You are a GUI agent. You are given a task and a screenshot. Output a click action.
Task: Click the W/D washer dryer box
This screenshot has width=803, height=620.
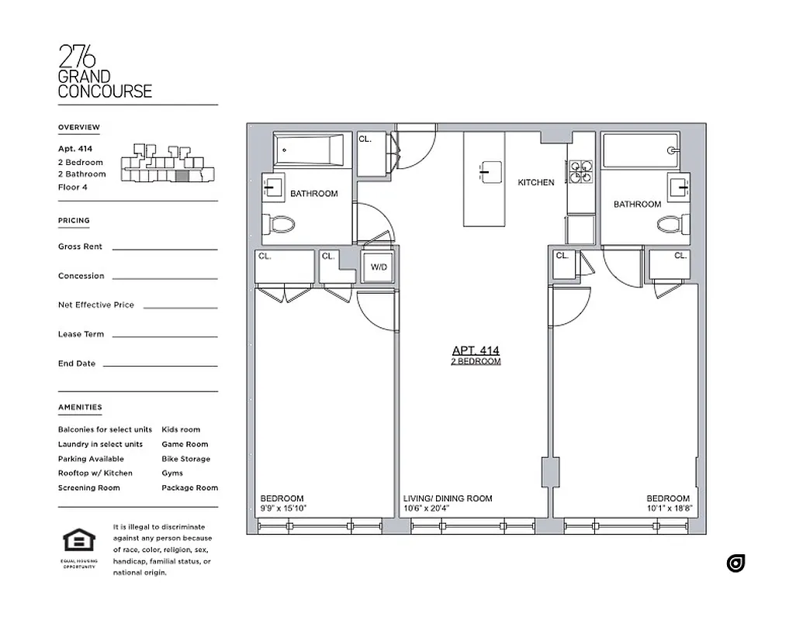[379, 267]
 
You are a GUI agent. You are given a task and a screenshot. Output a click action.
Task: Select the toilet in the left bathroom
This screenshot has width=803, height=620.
[282, 225]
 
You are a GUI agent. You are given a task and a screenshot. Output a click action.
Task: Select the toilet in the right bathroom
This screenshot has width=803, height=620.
[670, 225]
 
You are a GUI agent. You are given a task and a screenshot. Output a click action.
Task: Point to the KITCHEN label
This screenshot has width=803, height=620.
[536, 183]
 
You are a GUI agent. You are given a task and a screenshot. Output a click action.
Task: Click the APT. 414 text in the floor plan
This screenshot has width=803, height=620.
[476, 351]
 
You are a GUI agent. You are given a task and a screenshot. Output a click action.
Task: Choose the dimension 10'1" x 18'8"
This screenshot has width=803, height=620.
[667, 509]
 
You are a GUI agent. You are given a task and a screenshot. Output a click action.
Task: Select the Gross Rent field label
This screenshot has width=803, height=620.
[80, 246]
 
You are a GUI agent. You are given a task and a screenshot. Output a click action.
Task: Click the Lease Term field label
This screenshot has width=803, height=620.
[81, 334]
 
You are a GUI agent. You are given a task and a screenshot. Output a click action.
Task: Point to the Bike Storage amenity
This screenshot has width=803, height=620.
[185, 459]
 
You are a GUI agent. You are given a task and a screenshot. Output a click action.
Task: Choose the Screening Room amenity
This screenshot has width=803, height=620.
[88, 487]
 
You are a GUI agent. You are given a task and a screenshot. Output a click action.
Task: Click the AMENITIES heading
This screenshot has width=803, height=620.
[80, 407]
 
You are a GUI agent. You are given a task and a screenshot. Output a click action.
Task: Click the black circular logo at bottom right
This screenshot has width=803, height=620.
[736, 563]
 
